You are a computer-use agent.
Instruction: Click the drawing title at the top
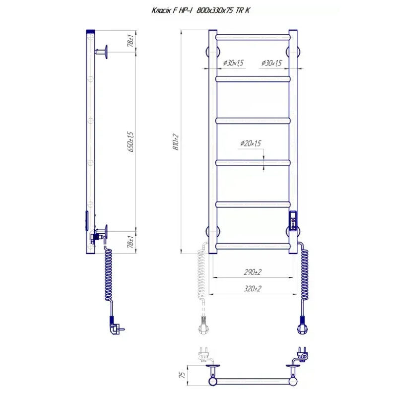click(200, 10)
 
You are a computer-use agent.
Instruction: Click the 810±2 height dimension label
click(176, 142)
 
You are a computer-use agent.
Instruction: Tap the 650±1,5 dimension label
click(131, 141)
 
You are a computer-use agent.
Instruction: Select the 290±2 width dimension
click(253, 272)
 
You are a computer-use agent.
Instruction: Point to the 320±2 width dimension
click(253, 289)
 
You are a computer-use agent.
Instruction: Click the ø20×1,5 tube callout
click(251, 143)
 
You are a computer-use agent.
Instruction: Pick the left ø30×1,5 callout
click(233, 63)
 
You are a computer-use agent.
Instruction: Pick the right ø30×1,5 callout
click(271, 63)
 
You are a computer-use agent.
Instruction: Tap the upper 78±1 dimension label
click(131, 41)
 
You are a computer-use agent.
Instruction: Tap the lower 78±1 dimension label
click(131, 242)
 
